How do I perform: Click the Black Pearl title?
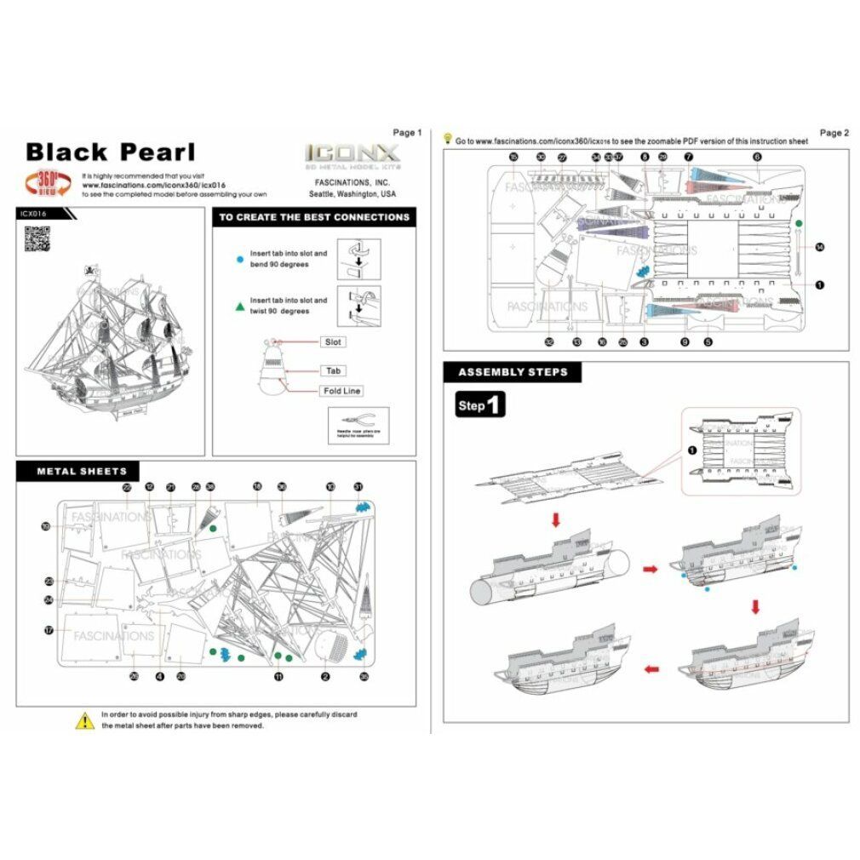[x=111, y=152]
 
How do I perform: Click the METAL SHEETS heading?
[x=82, y=471]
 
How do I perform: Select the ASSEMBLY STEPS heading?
[x=506, y=372]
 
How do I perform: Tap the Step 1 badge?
[x=480, y=405]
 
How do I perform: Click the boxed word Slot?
[x=333, y=341]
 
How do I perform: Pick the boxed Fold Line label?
[x=341, y=391]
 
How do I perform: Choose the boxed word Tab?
[x=333, y=371]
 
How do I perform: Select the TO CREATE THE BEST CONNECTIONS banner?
[x=314, y=217]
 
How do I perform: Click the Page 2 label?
[x=834, y=133]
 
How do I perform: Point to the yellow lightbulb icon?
[x=448, y=138]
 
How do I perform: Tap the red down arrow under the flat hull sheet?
[x=555, y=519]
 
